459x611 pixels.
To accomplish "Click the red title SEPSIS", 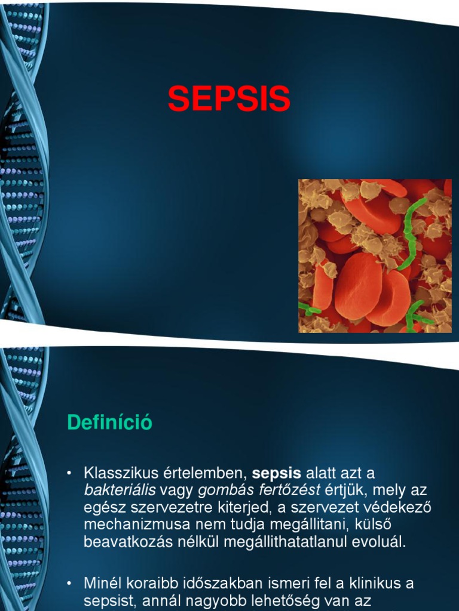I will [x=229, y=99].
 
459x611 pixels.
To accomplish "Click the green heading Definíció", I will [x=109, y=422].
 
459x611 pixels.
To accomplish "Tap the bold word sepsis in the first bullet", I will [x=277, y=474].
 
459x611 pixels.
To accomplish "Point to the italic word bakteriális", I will [x=120, y=490].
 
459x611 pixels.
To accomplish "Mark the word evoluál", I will [x=381, y=542].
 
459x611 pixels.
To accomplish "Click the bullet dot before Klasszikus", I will [x=70, y=474].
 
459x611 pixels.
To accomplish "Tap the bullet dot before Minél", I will [x=70, y=584].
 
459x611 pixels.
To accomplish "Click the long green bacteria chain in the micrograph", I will [x=411, y=233].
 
